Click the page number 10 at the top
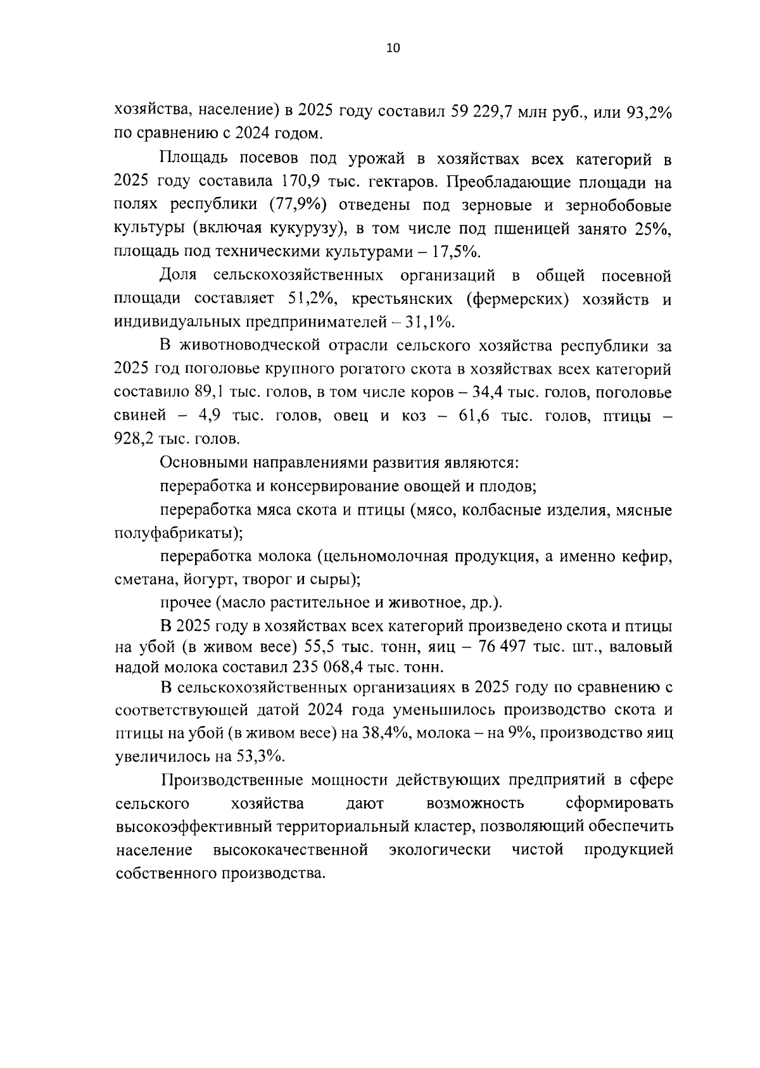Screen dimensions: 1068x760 [x=393, y=49]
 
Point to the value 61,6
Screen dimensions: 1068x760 [x=471, y=415]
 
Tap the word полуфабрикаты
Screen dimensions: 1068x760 [x=176, y=532]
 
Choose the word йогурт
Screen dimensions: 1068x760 [x=210, y=579]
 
